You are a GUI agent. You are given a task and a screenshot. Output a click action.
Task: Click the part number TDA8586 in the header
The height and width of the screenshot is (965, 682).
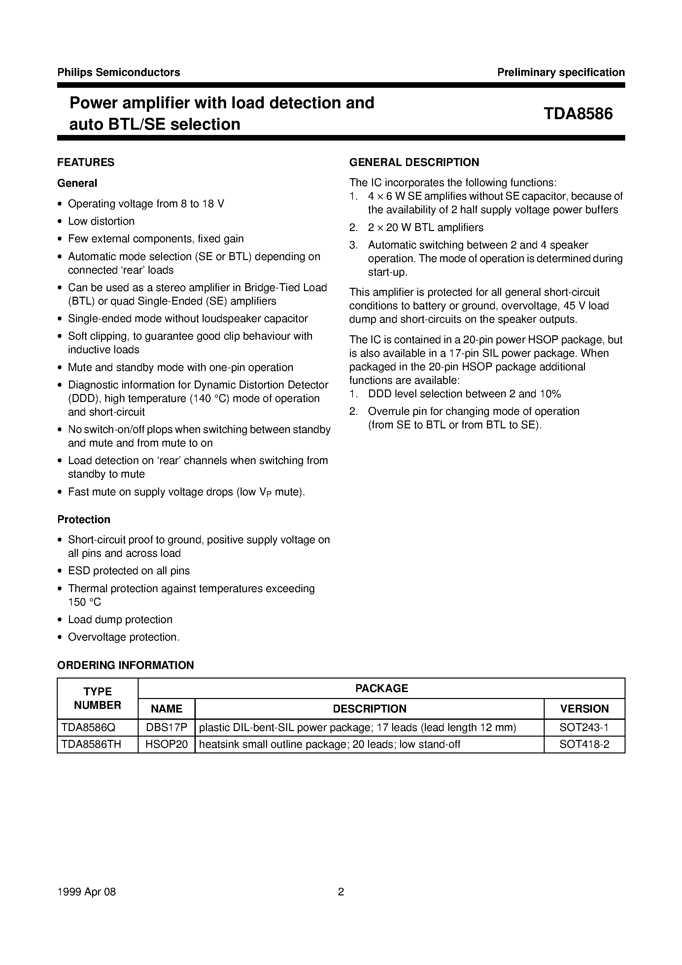578,114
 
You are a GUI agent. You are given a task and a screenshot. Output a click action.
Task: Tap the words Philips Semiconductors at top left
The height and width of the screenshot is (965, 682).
119,72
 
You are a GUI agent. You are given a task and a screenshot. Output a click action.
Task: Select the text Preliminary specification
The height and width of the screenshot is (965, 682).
561,72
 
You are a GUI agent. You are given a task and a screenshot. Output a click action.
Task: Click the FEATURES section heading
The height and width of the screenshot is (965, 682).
86,162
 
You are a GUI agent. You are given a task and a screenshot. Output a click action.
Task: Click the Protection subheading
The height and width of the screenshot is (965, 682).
84,519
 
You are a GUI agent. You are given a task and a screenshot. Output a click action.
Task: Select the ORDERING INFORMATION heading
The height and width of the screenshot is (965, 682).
125,665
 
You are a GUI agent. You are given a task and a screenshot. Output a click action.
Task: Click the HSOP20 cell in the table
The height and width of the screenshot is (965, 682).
166,744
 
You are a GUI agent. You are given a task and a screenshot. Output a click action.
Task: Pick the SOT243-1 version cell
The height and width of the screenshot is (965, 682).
584,727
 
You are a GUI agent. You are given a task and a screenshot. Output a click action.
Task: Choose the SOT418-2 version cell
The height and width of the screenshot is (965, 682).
584,744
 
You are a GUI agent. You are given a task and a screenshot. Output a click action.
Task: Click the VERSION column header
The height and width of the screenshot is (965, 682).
584,709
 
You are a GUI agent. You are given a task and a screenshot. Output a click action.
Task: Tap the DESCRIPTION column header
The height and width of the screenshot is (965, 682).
370,709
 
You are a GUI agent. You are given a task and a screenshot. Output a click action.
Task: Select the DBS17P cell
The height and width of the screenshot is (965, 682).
166,727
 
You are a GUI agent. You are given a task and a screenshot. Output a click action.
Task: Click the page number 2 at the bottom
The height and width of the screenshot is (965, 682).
341,891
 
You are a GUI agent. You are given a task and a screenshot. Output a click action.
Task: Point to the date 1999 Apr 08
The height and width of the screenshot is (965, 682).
86,891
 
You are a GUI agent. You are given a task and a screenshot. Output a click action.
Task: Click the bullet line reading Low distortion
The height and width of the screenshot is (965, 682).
101,221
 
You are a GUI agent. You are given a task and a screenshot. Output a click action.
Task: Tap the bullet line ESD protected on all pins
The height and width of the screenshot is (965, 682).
129,570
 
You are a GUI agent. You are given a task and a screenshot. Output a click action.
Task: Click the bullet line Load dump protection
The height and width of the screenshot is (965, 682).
120,619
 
